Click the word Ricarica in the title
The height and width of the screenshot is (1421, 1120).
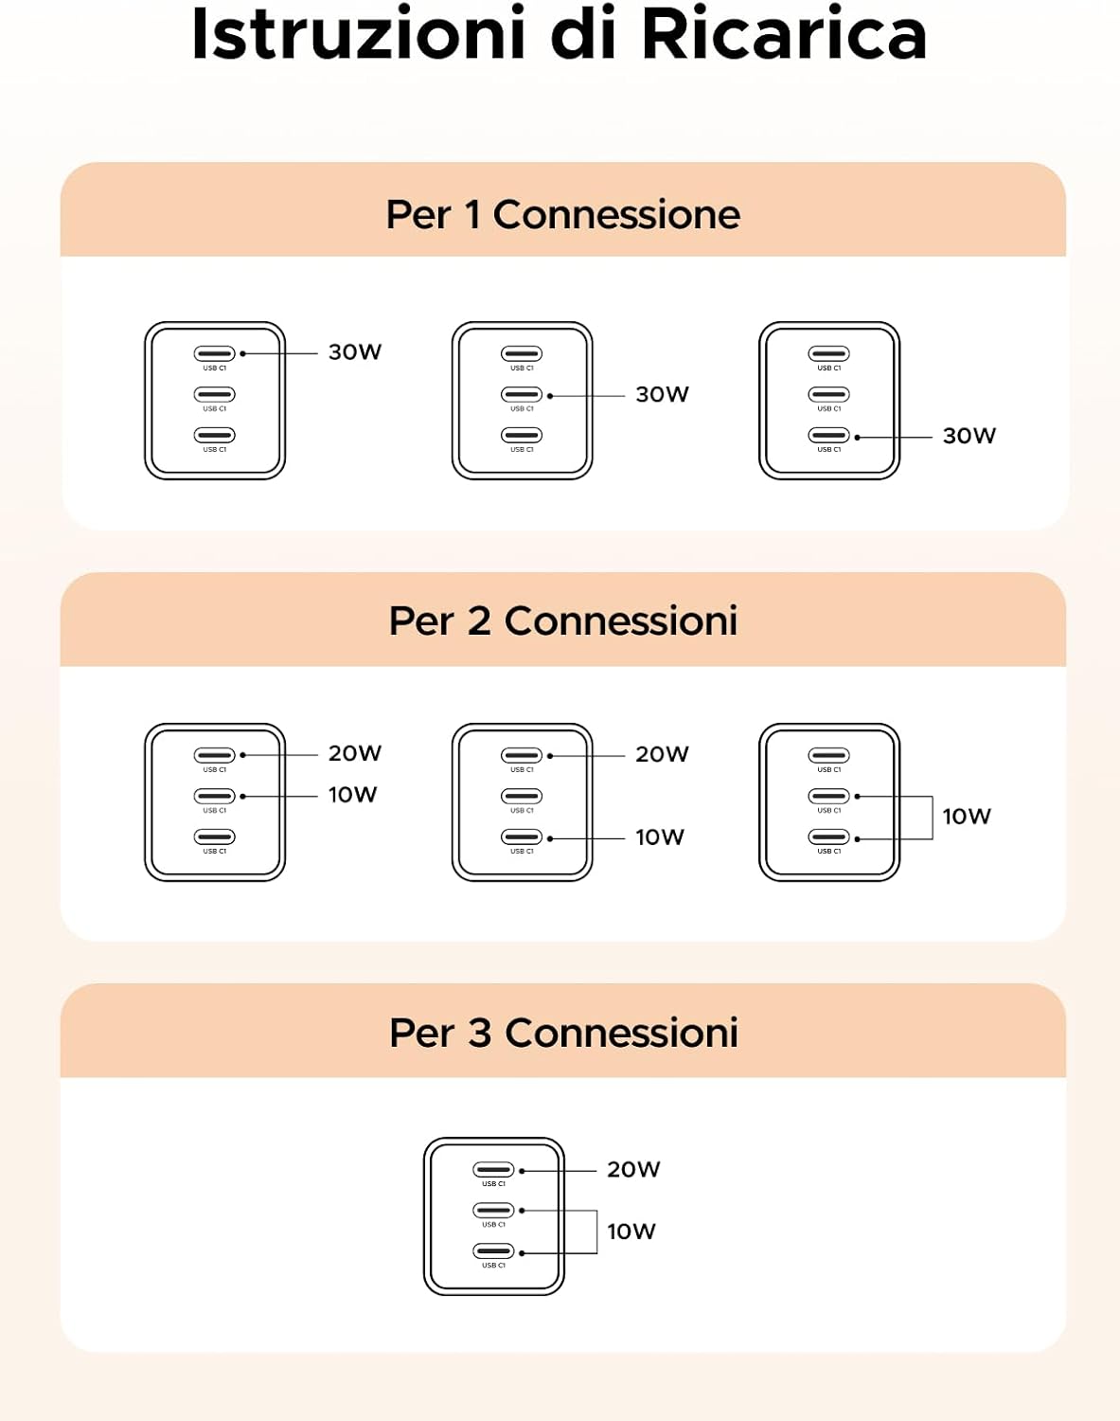click(785, 33)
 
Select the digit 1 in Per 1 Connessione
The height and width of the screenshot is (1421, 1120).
click(471, 215)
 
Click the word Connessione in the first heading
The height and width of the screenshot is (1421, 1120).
click(616, 215)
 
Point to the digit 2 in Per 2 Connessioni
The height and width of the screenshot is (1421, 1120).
click(480, 621)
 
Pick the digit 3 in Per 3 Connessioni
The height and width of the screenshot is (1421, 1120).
click(480, 1033)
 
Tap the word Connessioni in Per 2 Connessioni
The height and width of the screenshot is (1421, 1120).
click(621, 621)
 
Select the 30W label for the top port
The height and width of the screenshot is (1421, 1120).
click(355, 352)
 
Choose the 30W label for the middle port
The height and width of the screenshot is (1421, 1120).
click(662, 394)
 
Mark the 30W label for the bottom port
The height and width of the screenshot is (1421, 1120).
click(969, 436)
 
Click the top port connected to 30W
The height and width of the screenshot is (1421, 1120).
click(215, 354)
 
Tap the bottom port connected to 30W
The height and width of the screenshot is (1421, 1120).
click(829, 436)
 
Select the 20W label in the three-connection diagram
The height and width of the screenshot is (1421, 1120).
click(633, 1169)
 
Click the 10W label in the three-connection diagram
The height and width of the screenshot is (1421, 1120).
click(631, 1232)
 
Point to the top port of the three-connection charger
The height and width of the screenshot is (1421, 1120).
click(493, 1170)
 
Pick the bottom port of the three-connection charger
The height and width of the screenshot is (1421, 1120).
click(493, 1251)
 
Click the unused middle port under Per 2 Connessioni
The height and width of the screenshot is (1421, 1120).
click(522, 797)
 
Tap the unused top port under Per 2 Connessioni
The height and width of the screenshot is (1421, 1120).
click(829, 755)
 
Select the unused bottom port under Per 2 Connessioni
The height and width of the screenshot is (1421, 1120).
click(215, 837)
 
